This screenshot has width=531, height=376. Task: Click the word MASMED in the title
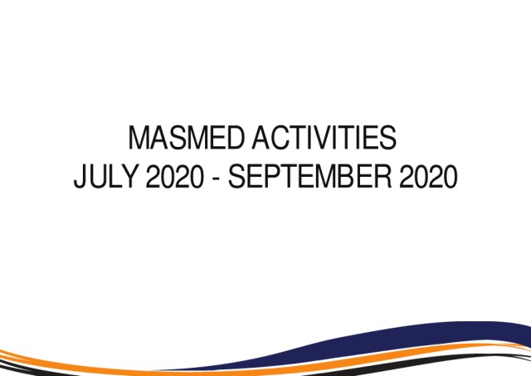click(186, 138)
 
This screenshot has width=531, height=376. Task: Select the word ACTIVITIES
click(324, 138)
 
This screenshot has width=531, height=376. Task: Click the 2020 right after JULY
click(175, 176)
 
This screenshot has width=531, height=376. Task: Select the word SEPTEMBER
click(309, 176)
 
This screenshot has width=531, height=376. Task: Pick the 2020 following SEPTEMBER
click(428, 176)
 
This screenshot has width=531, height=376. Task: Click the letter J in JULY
click(80, 177)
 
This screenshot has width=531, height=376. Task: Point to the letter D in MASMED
click(235, 138)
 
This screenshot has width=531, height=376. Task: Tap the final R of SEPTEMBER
click(383, 176)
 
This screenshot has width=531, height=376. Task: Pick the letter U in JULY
click(97, 177)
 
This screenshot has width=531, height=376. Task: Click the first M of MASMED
click(139, 138)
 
